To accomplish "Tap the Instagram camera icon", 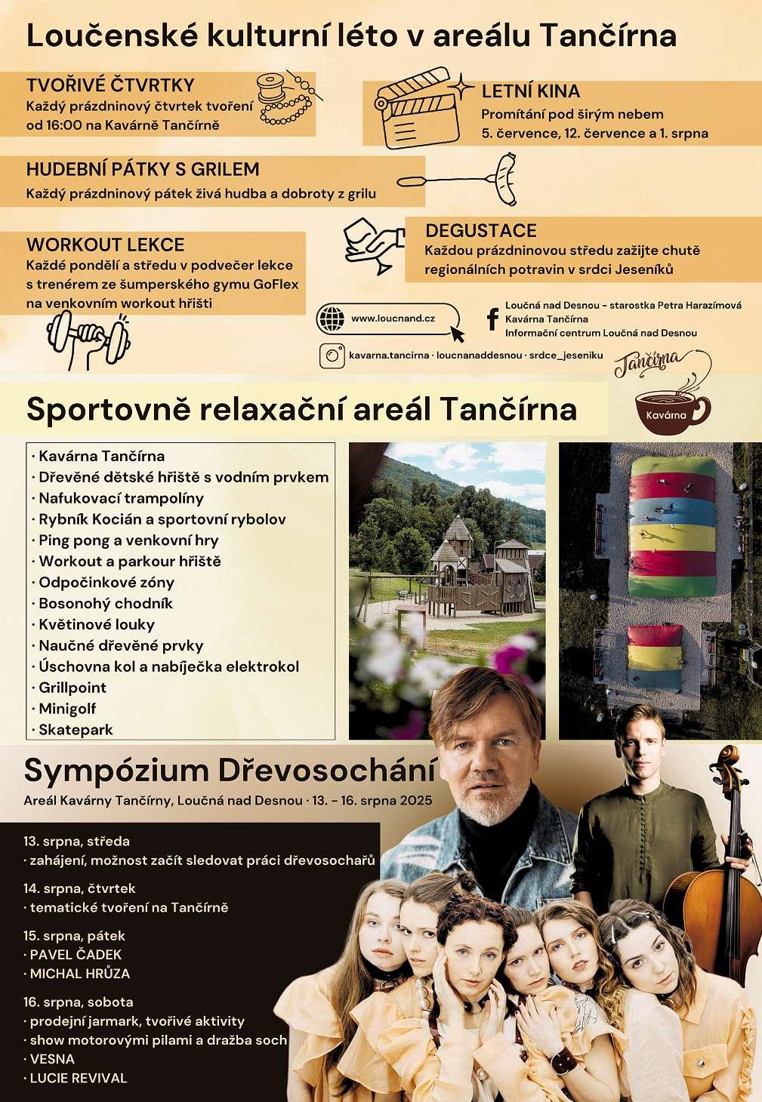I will pos(331,356).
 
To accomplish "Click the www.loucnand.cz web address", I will pos(393,319).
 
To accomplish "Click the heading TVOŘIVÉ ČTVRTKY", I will pos(110,85).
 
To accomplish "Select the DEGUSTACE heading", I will pos(481,231).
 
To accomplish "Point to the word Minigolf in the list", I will pos(67,709).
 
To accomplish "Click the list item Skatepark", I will pos(76,730).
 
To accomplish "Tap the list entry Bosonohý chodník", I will pos(106,603).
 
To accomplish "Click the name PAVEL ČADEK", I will pos(76,955).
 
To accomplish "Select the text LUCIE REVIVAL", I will pos(79,1078).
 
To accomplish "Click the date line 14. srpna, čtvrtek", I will pos(79,888).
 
